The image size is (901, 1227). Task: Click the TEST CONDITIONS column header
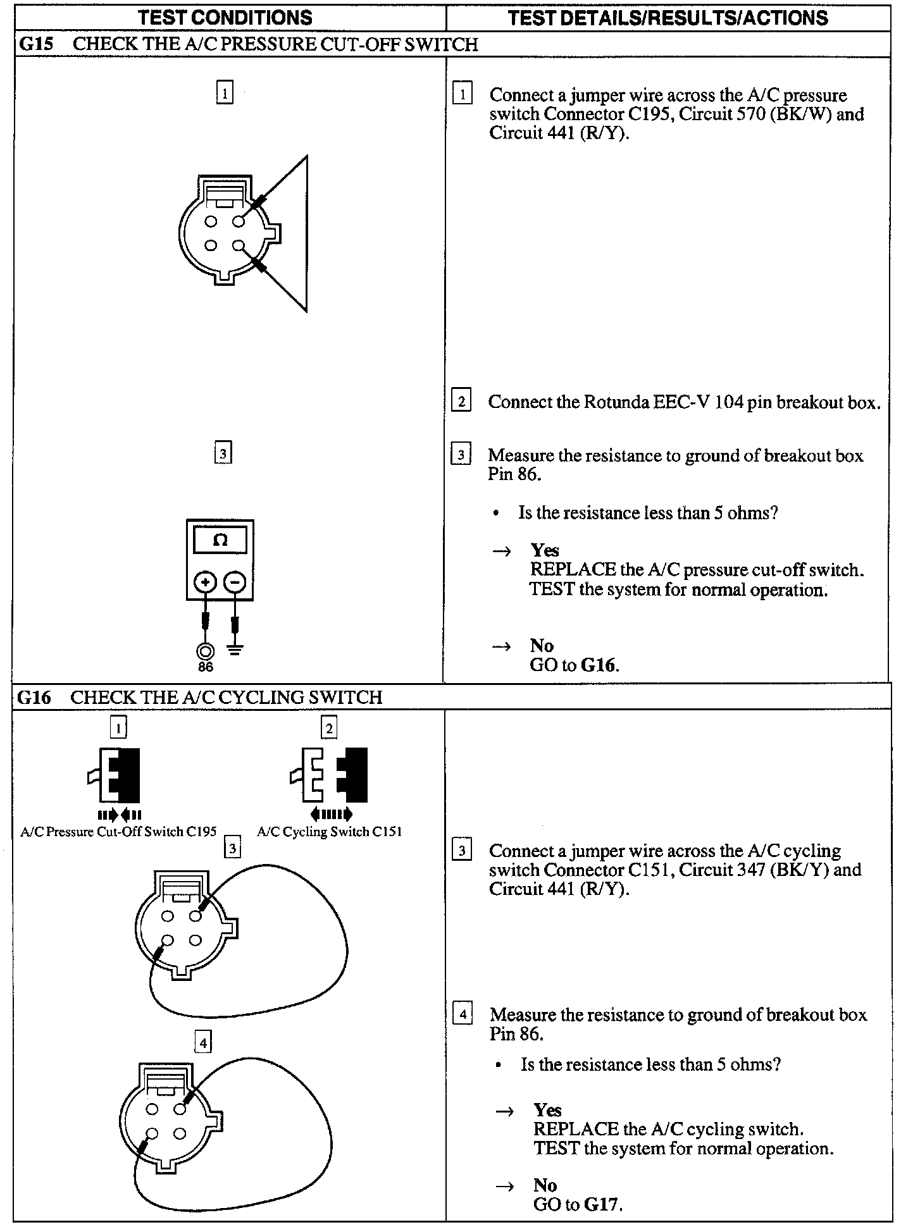coord(225,17)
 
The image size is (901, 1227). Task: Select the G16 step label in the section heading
coord(34,697)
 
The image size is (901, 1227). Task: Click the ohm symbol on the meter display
coord(220,540)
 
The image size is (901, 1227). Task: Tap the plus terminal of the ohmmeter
coord(205,581)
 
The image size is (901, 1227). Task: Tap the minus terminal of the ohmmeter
coord(235,581)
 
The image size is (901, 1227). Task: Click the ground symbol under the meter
coord(235,650)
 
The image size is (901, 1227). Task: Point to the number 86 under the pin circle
coord(206,667)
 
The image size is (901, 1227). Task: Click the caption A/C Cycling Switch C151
coord(329,832)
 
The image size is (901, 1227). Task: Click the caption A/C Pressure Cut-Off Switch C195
coord(118,832)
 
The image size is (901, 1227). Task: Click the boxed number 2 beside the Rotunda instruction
coord(461,402)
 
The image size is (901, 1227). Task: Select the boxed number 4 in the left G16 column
coord(203,1042)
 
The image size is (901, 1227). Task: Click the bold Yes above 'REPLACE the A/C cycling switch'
coord(547,1110)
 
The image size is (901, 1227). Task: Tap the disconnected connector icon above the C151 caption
coord(329,775)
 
